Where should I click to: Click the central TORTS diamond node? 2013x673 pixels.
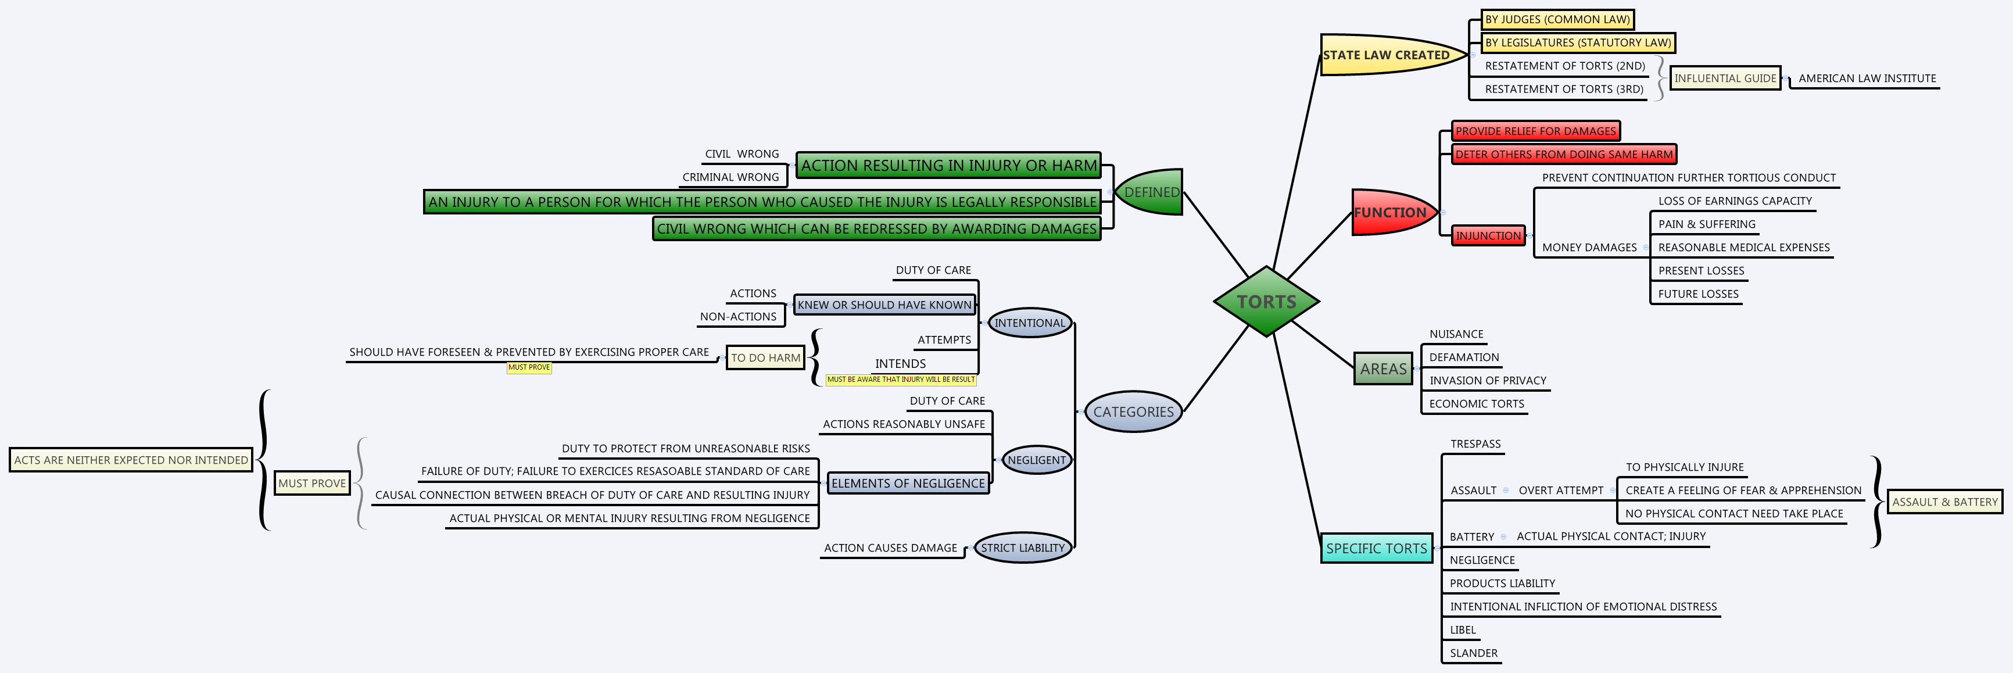coord(1266,302)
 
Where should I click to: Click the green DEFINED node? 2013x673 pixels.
coord(1150,192)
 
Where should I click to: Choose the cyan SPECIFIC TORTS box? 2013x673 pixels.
coord(1376,549)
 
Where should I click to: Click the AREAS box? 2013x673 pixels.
coord(1382,369)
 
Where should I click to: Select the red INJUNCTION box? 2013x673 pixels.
coord(1488,235)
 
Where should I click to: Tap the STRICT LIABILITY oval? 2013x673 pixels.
coord(1022,548)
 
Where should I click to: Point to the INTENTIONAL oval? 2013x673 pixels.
coord(1029,323)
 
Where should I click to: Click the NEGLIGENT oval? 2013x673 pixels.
coord(1036,460)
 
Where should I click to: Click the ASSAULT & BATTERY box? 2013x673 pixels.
coord(1944,502)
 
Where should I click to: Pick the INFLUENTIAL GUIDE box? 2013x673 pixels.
coord(1725,78)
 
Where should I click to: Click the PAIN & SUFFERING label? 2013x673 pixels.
coord(1706,224)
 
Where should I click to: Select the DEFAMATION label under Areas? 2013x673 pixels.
coord(1464,357)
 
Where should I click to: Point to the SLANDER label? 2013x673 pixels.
coord(1473,653)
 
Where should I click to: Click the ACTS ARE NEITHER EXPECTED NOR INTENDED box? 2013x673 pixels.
coord(131,460)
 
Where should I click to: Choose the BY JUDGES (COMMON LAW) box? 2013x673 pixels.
coord(1557,20)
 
